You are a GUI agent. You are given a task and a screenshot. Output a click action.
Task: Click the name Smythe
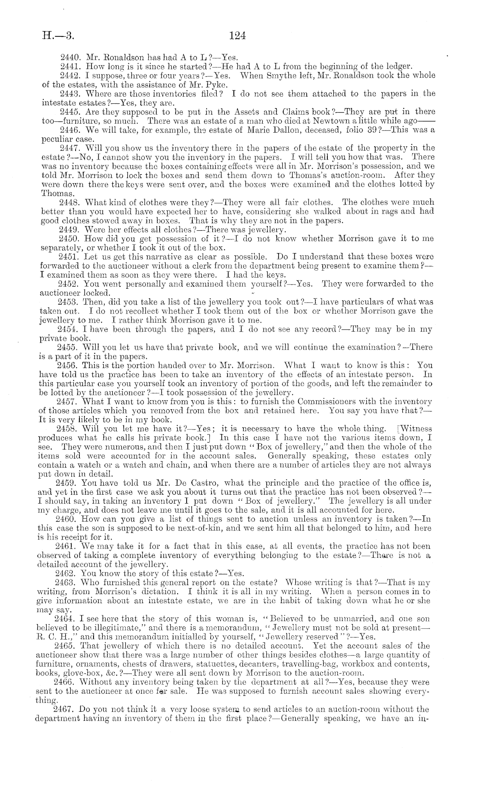(x=292, y=75)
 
